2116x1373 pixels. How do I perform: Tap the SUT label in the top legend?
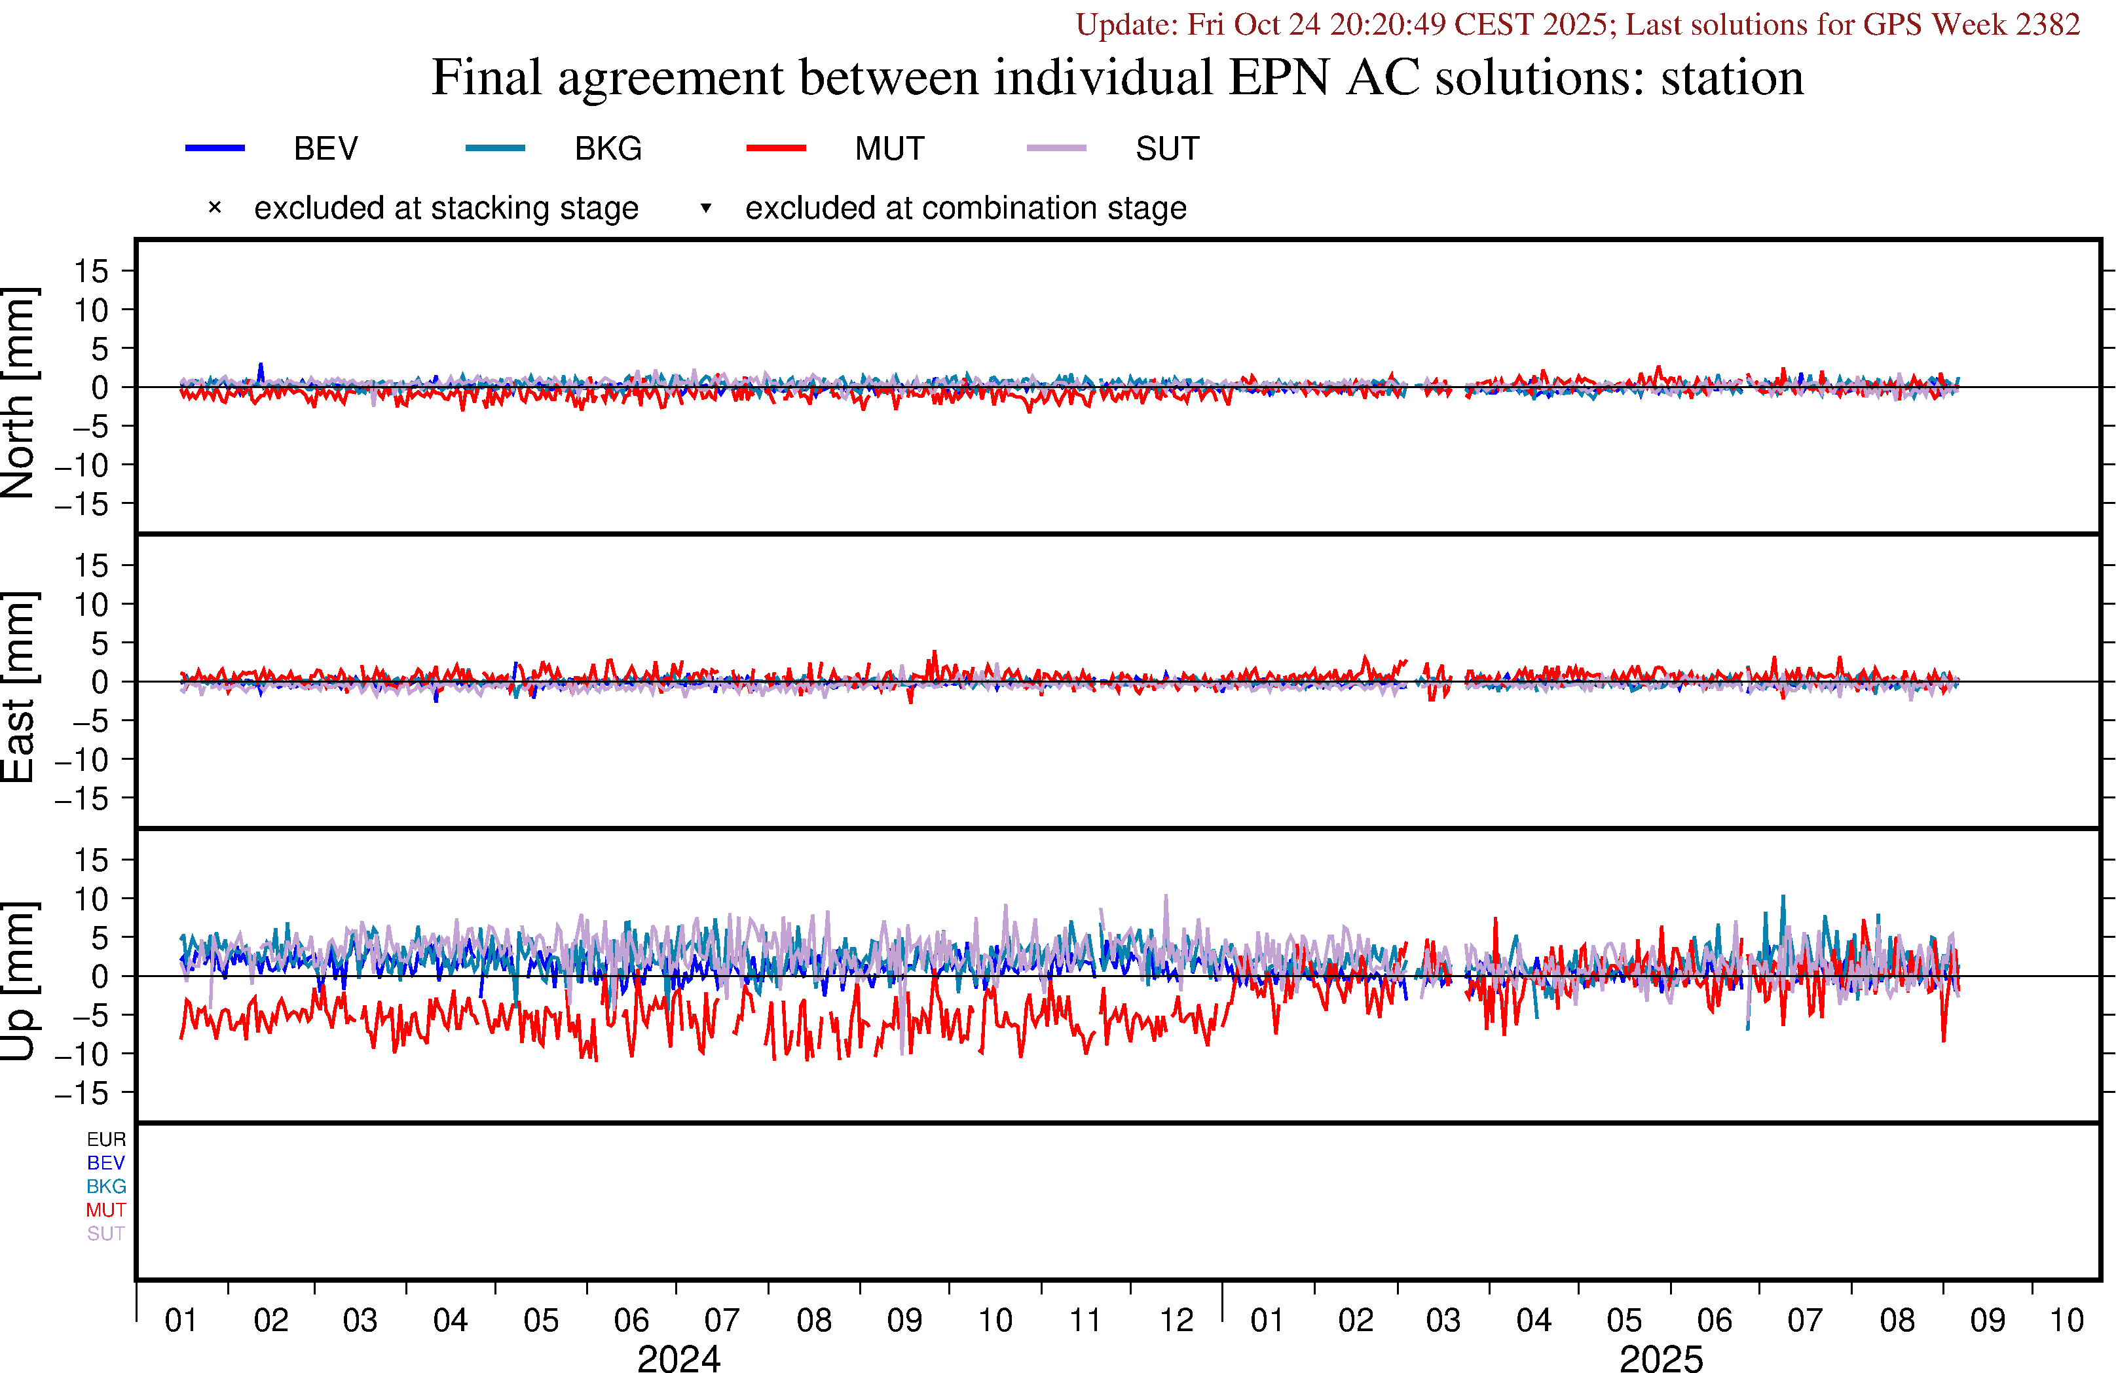click(1166, 149)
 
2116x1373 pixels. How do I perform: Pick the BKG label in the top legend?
click(608, 149)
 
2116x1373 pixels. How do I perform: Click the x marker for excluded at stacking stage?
click(214, 208)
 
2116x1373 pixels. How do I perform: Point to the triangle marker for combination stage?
click(705, 208)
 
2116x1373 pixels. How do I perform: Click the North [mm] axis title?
click(18, 392)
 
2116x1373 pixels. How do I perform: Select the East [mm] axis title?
click(18, 687)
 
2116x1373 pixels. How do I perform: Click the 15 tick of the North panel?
click(90, 271)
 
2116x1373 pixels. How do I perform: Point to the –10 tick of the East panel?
click(82, 760)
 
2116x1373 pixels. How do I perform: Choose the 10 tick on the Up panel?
click(90, 899)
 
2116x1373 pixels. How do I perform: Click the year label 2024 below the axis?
click(678, 1359)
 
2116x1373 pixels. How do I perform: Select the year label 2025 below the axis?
click(1661, 1359)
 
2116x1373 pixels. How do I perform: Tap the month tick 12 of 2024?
click(1176, 1321)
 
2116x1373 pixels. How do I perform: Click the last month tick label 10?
click(2066, 1321)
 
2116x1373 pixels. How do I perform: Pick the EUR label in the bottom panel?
click(106, 1139)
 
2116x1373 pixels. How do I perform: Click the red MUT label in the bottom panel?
click(106, 1210)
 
